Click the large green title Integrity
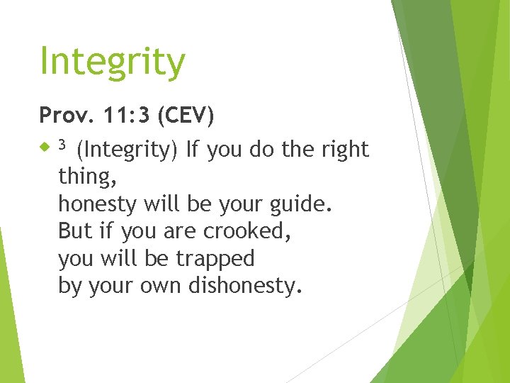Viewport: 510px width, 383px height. (x=112, y=62)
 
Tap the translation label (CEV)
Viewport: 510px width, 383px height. (x=186, y=114)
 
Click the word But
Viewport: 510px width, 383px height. (x=74, y=232)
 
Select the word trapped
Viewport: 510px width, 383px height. (x=215, y=259)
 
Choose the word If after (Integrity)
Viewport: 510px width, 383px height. (x=191, y=150)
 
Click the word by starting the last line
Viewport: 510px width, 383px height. (x=69, y=287)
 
